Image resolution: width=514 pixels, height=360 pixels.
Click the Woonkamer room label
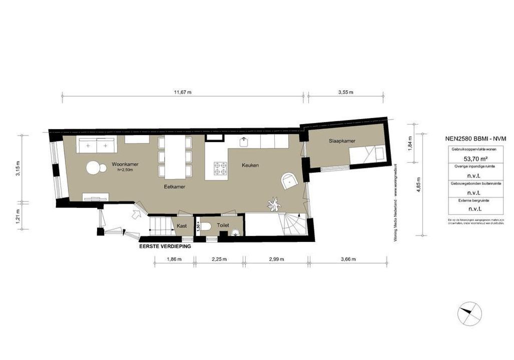[x=125, y=164]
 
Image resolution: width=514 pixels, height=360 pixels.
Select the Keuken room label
[x=250, y=165]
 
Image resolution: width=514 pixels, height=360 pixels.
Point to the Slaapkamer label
[x=342, y=141]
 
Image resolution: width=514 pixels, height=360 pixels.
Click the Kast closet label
[x=182, y=226]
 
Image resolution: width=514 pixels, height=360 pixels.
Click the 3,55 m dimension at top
[x=346, y=92]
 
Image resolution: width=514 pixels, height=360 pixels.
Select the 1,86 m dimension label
[x=173, y=259]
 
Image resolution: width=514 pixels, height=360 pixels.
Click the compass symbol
[x=469, y=314]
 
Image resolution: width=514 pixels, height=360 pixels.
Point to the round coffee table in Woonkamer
[x=93, y=168]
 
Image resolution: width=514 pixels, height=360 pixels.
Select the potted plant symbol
[x=274, y=204]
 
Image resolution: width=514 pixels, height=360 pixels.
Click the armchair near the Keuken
[x=290, y=181]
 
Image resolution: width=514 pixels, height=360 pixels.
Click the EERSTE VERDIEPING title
[x=165, y=246]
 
